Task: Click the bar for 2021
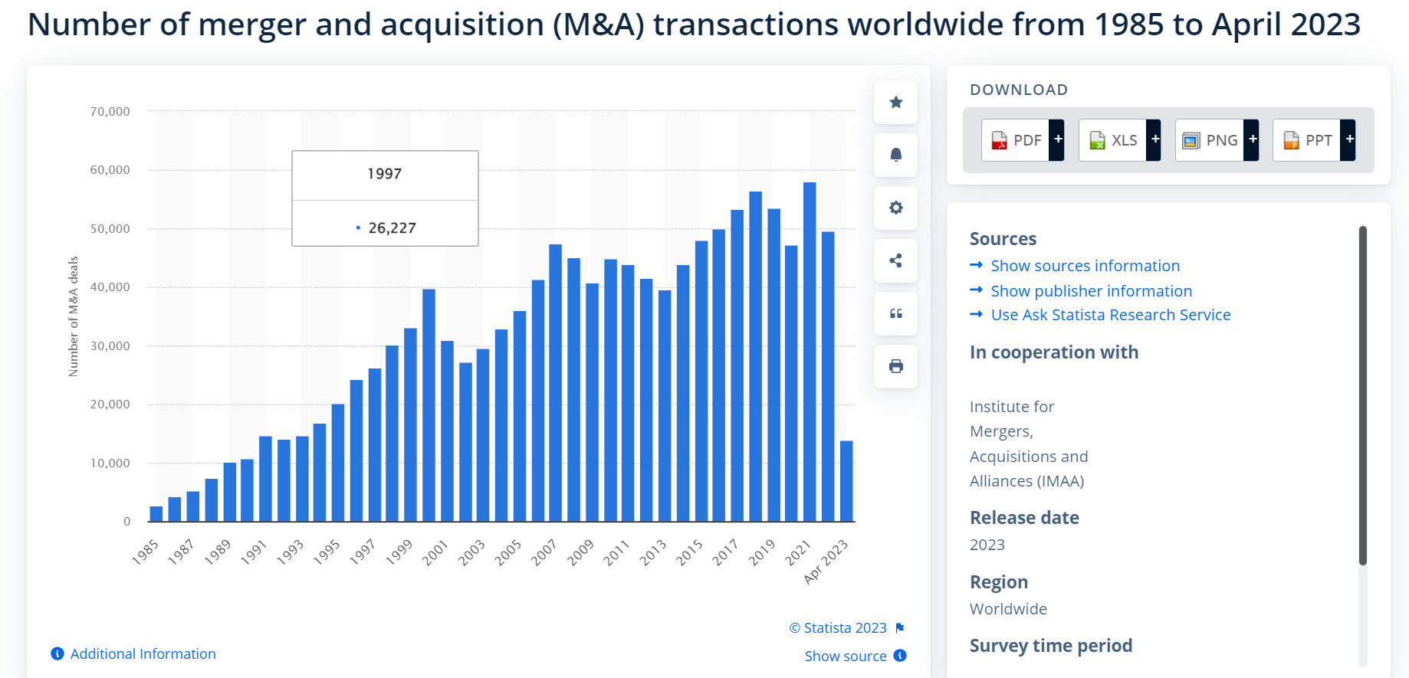[810, 352]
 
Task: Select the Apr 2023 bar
[846, 481]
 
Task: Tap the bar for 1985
[156, 514]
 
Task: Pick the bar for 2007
[556, 383]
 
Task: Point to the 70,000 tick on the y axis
[110, 112]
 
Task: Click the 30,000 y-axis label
[110, 346]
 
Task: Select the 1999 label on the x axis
[399, 552]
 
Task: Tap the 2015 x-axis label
[690, 552]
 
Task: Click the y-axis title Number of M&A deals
[74, 316]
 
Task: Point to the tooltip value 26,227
[392, 228]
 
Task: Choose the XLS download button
[1119, 140]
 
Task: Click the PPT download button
[1314, 140]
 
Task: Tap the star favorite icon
[895, 103]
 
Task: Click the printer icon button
[895, 366]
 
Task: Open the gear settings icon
[895, 208]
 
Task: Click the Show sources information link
[1085, 266]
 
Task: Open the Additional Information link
[143, 654]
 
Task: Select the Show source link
[846, 657]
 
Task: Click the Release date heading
[1024, 518]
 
